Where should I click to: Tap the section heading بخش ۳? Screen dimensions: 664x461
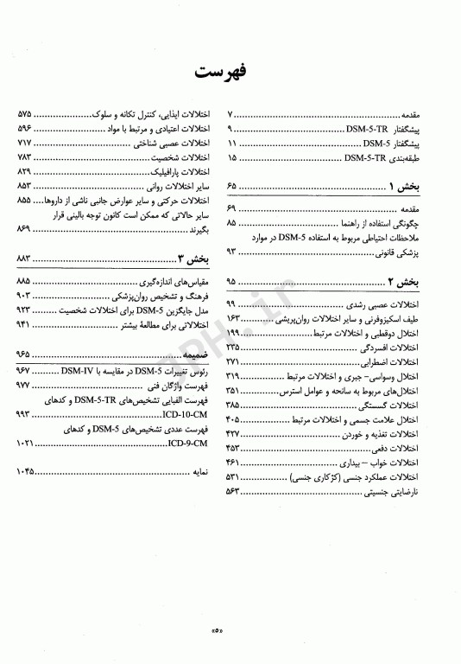tap(193, 258)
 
